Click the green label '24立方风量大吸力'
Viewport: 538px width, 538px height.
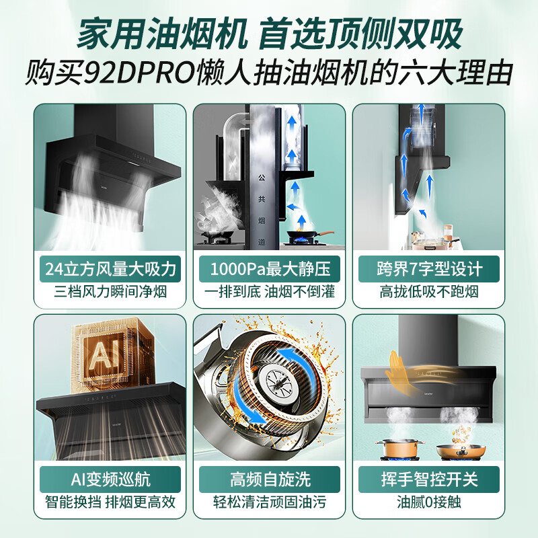tap(110, 270)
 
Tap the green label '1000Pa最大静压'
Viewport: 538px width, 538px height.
tap(270, 270)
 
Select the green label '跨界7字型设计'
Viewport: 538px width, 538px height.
tap(429, 270)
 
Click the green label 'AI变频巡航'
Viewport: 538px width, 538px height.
tap(110, 479)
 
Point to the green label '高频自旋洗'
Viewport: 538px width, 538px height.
tap(270, 479)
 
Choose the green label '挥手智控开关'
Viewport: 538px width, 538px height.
tap(429, 479)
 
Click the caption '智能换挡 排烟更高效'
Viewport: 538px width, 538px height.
tap(110, 502)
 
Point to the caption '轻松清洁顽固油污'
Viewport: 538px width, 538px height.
tap(270, 502)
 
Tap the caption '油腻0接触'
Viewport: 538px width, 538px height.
tap(429, 502)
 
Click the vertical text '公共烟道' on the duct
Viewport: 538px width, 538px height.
tap(262, 202)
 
